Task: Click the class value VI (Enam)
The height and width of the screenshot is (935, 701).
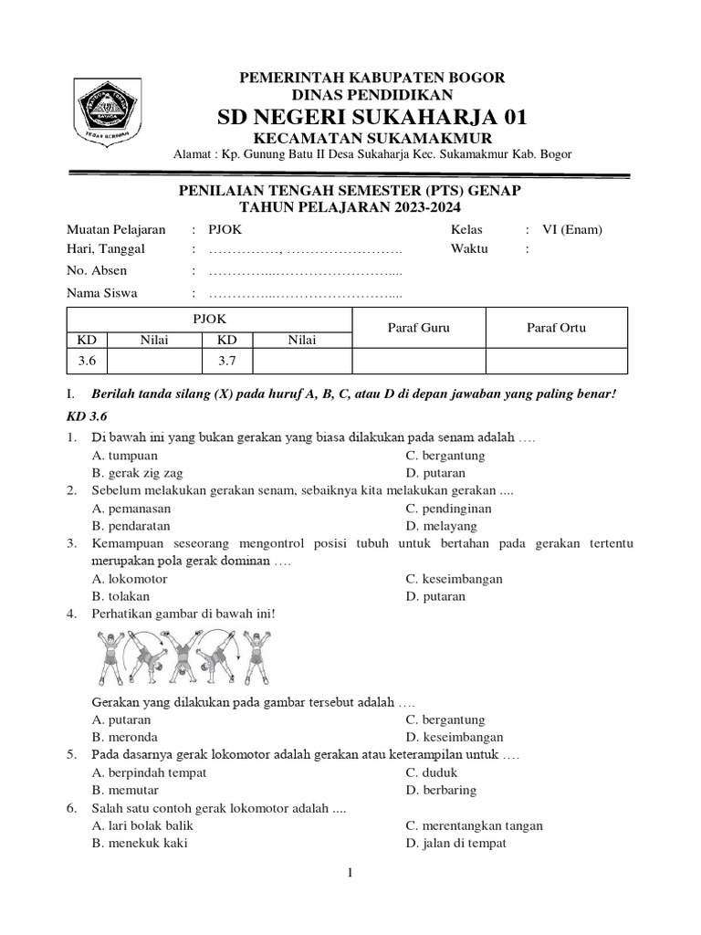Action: (x=570, y=230)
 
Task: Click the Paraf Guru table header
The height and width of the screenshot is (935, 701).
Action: (x=418, y=328)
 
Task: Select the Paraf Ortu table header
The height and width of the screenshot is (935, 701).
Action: (x=556, y=328)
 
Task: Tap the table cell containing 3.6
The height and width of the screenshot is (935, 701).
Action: (x=87, y=362)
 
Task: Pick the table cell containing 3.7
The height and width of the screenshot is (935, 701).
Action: (x=226, y=362)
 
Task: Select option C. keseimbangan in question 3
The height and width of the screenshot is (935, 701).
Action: (x=455, y=579)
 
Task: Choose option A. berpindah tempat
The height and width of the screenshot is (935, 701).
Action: (x=149, y=772)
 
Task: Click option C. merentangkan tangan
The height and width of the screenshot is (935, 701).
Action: (x=475, y=825)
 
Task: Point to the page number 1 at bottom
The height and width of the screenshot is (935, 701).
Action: (x=350, y=873)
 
